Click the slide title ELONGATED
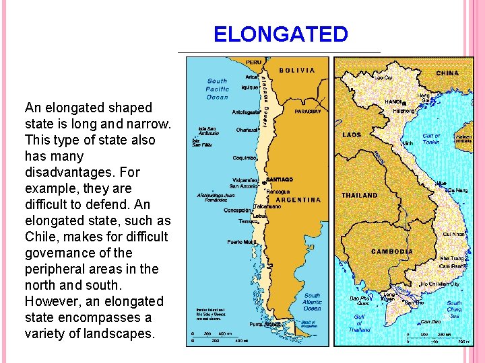281,34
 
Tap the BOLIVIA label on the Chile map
296,70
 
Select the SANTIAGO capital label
280,180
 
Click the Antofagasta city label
247,112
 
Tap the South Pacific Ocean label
217,89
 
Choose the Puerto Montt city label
241,242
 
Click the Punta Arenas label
264,324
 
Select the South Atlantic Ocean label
312,302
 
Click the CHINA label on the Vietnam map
447,73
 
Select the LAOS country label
352,134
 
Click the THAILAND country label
360,195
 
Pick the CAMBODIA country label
392,251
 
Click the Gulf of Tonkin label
431,139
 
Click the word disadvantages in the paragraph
63,172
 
